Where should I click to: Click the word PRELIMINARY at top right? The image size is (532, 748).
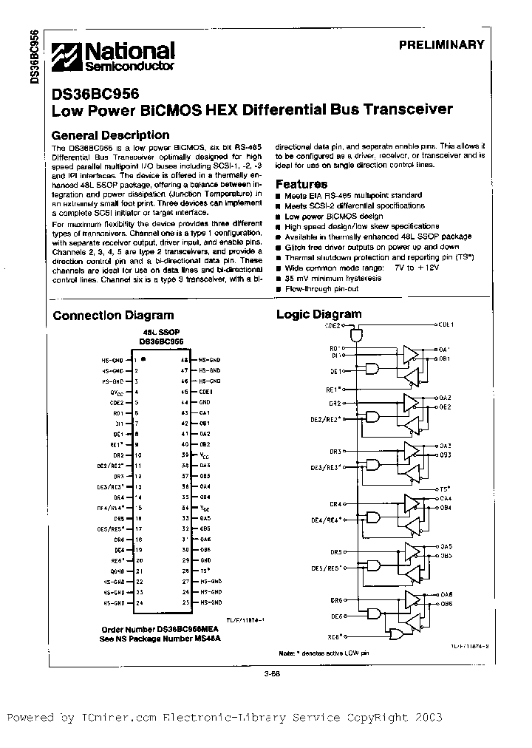(441, 44)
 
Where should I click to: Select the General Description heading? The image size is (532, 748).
(110, 135)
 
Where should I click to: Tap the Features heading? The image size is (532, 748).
(301, 184)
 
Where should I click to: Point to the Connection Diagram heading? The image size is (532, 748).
(113, 316)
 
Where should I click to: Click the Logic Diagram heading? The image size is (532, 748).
(318, 314)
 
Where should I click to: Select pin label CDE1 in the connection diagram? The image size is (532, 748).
(206, 391)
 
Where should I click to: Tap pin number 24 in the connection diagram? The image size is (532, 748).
(138, 603)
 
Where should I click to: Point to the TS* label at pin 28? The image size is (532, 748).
(205, 571)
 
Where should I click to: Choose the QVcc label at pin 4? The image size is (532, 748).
(115, 392)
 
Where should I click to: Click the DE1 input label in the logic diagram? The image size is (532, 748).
(335, 371)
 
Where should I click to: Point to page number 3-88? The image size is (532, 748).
(271, 673)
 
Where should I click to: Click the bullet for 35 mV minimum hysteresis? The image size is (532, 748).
(279, 278)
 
